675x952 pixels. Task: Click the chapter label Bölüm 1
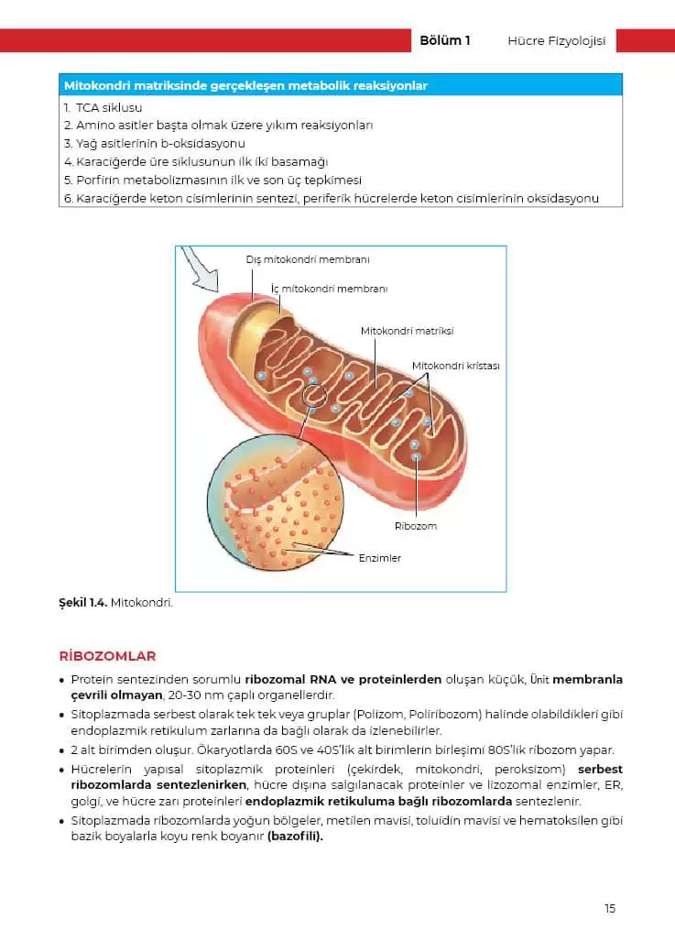click(x=444, y=40)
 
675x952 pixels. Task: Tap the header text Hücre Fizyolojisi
click(x=556, y=40)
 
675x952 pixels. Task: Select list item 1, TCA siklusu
click(x=103, y=108)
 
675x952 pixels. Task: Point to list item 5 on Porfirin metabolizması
click(x=212, y=180)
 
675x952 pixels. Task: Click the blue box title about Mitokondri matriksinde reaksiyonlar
click(x=245, y=86)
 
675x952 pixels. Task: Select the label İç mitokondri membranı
click(x=330, y=289)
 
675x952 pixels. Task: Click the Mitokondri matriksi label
click(x=407, y=331)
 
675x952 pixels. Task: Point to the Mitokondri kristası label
click(x=455, y=366)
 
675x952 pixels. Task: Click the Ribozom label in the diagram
click(x=415, y=526)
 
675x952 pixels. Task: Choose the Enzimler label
click(x=379, y=557)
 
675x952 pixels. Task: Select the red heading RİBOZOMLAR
click(x=107, y=656)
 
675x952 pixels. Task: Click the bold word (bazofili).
click(x=295, y=836)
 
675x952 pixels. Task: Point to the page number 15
click(x=609, y=908)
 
